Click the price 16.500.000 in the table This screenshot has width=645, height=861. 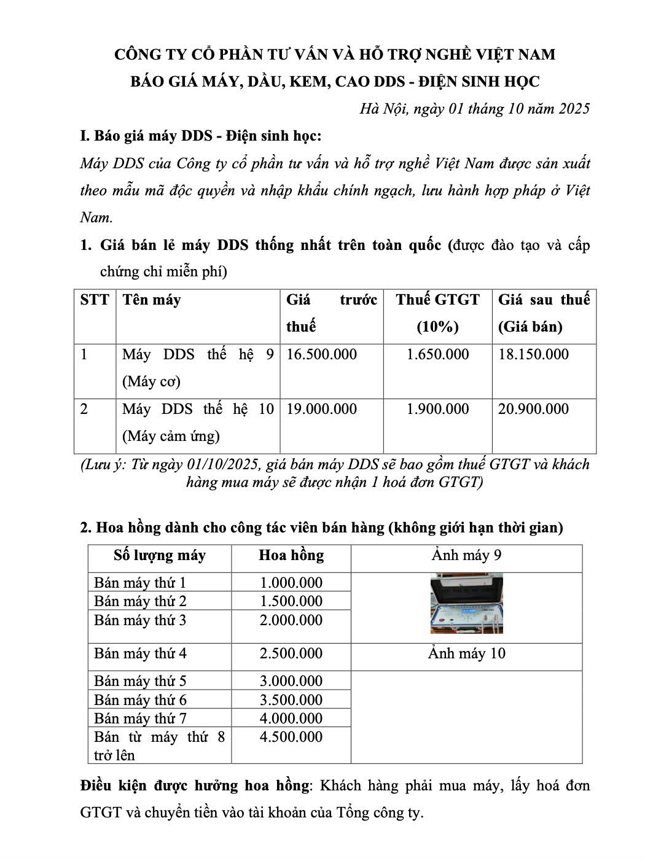point(321,354)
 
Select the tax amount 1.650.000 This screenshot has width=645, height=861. point(437,354)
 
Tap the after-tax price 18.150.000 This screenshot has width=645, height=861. point(533,354)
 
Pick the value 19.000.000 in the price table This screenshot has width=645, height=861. point(321,409)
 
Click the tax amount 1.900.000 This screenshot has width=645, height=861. point(437,409)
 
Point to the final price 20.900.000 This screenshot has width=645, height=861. point(533,409)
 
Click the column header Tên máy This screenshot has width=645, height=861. point(152,300)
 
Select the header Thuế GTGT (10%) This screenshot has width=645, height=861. point(437,313)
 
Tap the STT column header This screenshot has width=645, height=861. point(95,300)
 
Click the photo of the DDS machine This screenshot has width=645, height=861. point(466,603)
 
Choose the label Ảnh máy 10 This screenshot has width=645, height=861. point(466,653)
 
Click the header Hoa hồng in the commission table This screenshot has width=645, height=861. point(291,555)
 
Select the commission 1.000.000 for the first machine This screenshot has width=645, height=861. point(291,582)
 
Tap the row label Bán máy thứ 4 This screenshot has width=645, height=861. point(140,653)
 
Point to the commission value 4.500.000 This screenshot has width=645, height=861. point(291,736)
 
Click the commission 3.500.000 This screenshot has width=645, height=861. point(291,699)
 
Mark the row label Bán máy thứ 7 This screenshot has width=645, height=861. point(140,718)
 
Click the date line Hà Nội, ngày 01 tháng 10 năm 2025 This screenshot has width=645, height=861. point(474,109)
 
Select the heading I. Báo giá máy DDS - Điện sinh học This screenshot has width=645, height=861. point(201,136)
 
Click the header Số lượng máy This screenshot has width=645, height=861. point(160,555)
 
